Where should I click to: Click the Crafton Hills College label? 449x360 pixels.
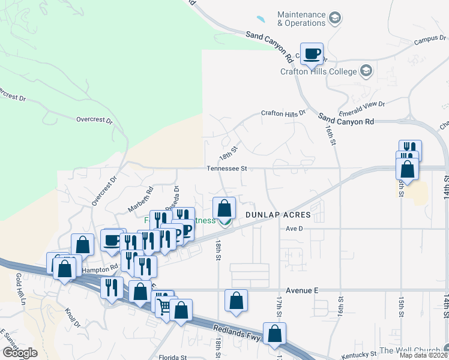318,71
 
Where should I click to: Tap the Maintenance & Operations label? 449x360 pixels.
301,19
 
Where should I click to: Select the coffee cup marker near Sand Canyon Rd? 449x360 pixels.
312,55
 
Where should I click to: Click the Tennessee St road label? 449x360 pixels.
227,169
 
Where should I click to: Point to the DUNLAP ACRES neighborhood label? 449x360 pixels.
277,214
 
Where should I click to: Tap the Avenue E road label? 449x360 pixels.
301,290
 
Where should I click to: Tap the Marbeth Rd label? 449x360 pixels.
142,199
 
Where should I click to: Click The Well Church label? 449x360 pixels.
411,350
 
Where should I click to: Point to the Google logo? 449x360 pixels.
19,353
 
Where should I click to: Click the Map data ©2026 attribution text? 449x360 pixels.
423,355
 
